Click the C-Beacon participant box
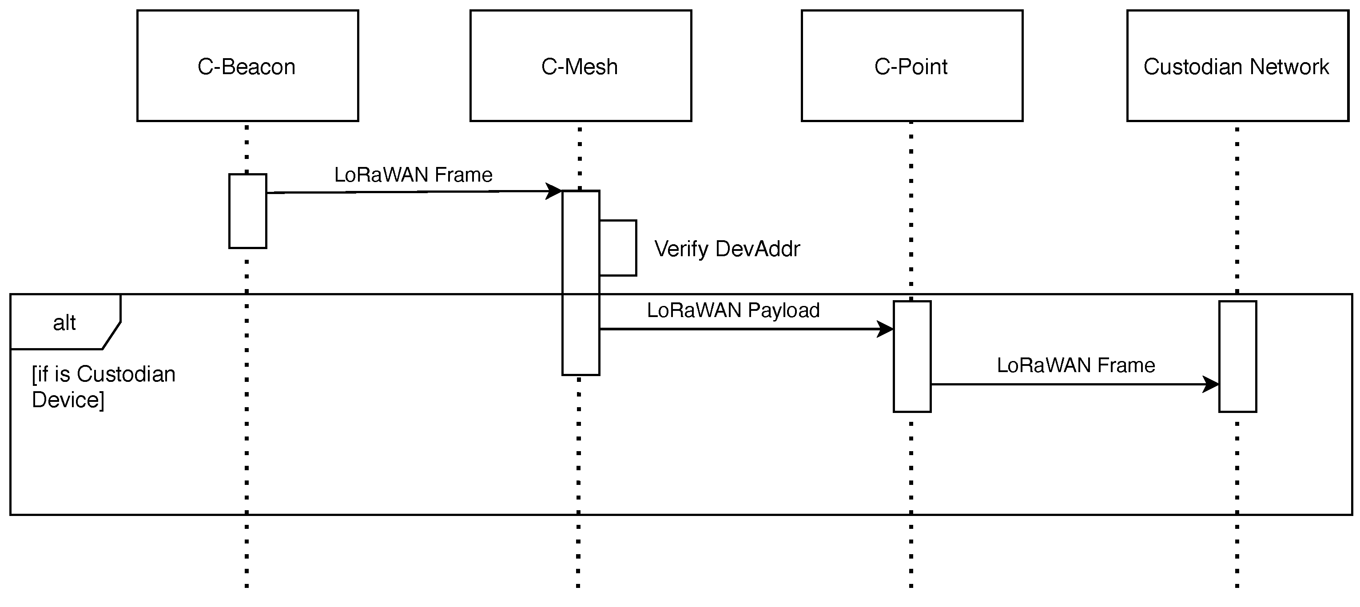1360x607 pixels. [x=247, y=65]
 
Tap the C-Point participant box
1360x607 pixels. [x=912, y=65]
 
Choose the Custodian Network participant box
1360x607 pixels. [x=1237, y=65]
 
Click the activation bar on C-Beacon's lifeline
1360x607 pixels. [x=247, y=211]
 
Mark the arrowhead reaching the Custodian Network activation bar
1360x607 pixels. [x=1211, y=384]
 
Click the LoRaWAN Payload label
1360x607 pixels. [x=733, y=310]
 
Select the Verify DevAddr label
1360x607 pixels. [x=727, y=249]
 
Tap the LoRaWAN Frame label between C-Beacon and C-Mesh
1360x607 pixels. [x=414, y=175]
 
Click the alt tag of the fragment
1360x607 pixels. [x=64, y=322]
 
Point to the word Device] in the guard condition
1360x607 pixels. [x=68, y=400]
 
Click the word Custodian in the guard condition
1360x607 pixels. [x=126, y=374]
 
